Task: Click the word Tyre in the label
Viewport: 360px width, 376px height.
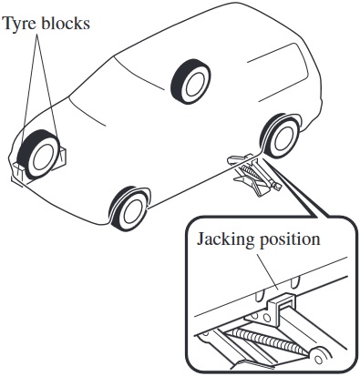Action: click(20, 24)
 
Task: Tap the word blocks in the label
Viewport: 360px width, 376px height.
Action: click(66, 23)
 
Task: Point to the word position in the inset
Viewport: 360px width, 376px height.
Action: click(290, 239)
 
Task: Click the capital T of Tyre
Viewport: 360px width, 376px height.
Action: click(7, 23)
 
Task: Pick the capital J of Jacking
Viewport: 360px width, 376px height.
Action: click(201, 239)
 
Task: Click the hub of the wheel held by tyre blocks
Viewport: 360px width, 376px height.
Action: click(43, 157)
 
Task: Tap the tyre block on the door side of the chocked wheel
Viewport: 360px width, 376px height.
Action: click(62, 155)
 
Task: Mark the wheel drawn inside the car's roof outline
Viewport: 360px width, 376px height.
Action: click(190, 81)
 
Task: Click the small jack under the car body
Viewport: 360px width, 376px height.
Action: click(254, 174)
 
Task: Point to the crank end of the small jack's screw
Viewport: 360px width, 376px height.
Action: click(277, 186)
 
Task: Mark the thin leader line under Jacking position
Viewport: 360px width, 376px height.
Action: click(267, 270)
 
